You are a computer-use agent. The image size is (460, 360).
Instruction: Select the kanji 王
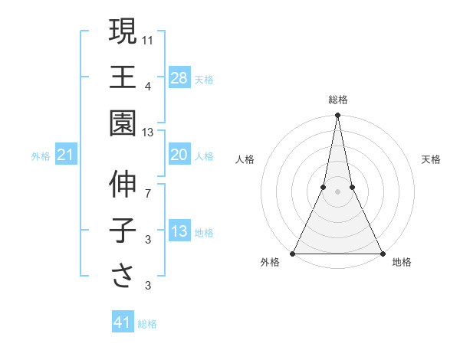point(123,77)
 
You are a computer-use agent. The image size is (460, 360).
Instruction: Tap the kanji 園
point(123,123)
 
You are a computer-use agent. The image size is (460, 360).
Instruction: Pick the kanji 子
point(123,231)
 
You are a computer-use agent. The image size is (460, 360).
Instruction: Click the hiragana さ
point(123,276)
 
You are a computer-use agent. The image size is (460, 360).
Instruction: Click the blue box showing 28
point(179,77)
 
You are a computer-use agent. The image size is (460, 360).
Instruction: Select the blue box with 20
point(179,155)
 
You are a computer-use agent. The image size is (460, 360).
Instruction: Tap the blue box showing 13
point(179,232)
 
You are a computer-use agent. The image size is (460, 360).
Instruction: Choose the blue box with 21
point(66,155)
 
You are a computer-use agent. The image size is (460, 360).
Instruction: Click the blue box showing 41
point(123,322)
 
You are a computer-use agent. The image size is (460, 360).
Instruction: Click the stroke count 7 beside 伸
point(148,194)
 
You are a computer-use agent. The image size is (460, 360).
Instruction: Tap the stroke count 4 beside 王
point(148,86)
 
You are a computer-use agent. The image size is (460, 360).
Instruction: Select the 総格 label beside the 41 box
point(147,324)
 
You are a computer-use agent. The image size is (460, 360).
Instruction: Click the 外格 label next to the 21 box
point(41,156)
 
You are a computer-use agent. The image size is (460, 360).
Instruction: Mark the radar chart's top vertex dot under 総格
point(338,116)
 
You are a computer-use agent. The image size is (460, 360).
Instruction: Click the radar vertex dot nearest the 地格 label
point(382,253)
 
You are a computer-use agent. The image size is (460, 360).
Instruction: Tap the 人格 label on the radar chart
point(245,159)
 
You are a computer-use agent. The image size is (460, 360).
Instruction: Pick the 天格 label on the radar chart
point(432,159)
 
